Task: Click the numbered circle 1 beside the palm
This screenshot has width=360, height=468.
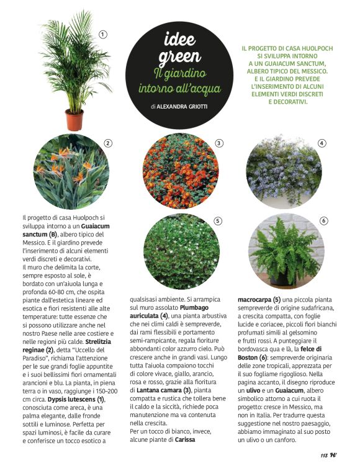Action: coord(103,34)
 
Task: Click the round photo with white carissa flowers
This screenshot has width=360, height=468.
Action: coord(180,251)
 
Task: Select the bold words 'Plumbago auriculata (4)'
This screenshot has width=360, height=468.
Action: coord(163,315)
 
